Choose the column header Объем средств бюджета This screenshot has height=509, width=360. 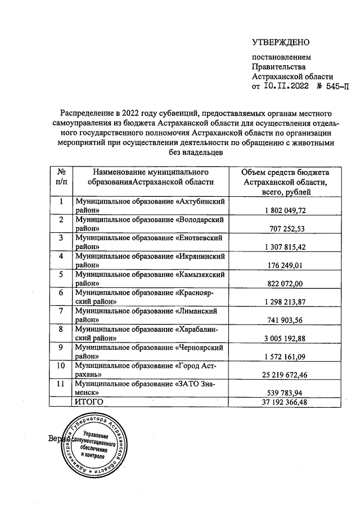287,181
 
